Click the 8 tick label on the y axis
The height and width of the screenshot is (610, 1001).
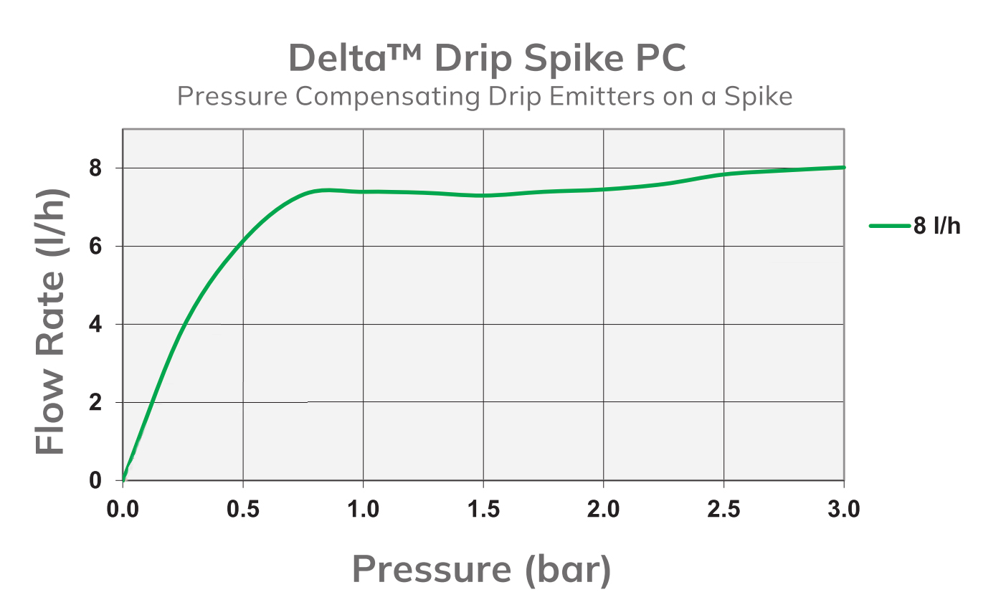pyautogui.click(x=96, y=168)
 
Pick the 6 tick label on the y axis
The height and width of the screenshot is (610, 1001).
pyautogui.click(x=96, y=247)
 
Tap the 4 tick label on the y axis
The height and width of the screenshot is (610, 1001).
pyautogui.click(x=96, y=325)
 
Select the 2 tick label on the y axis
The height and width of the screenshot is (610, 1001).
pyautogui.click(x=96, y=403)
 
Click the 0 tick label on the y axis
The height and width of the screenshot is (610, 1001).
pyautogui.click(x=96, y=481)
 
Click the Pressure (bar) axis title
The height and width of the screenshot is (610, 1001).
pyautogui.click(x=482, y=570)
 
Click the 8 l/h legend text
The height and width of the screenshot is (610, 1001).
pyautogui.click(x=936, y=227)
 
